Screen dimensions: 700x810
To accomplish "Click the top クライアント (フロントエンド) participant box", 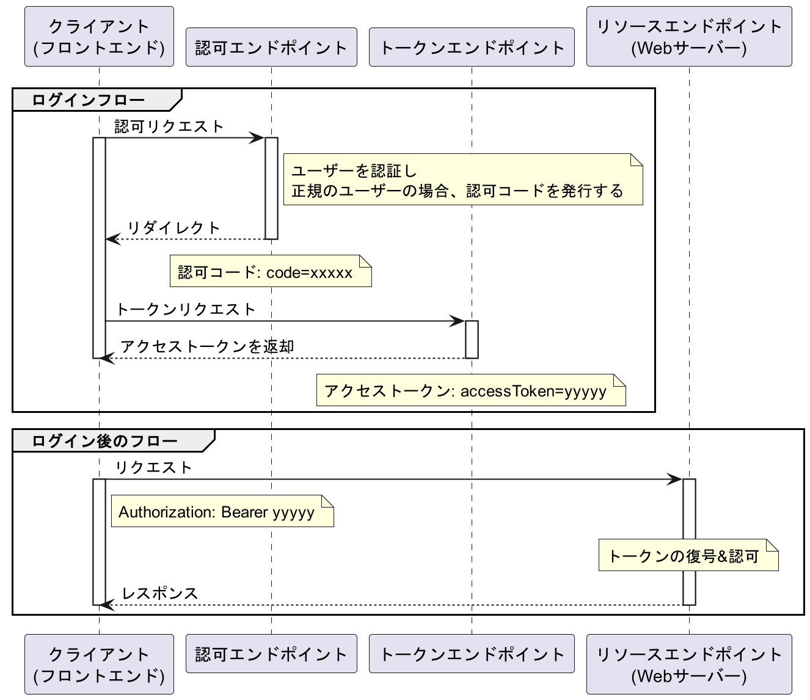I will point(99,37).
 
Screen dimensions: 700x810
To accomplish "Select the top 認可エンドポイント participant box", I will point(271,47).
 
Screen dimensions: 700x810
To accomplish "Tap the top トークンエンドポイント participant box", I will point(472,47).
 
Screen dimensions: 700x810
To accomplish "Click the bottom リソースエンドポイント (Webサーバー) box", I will point(689,665).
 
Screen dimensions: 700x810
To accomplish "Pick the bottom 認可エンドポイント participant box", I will point(271,654).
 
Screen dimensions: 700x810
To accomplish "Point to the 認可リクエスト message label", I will point(169,126).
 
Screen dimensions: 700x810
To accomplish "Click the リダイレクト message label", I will point(173,228).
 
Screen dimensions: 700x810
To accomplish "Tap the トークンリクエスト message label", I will point(186,310).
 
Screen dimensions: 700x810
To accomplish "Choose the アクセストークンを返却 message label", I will point(207,347).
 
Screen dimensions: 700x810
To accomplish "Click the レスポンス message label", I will point(160,593).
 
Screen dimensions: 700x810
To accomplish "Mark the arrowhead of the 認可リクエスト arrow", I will point(258,138).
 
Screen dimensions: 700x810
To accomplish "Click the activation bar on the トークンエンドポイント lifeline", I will point(472,340).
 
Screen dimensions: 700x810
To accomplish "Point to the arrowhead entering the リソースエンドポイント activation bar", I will point(676,479).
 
